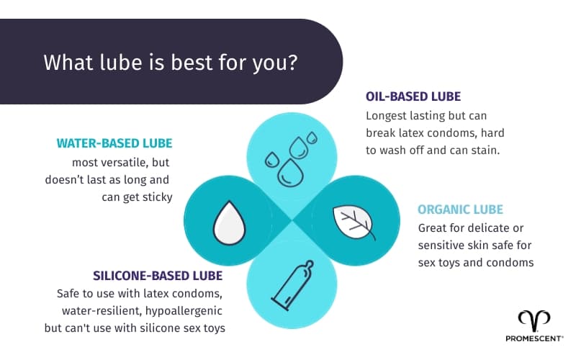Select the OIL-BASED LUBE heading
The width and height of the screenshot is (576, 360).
coord(413,96)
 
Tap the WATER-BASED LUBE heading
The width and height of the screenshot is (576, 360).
coord(114,143)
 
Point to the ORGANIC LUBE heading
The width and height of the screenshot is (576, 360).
coord(460,210)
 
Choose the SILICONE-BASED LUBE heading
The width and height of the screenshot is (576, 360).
coord(158,276)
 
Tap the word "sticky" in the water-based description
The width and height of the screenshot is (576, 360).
coord(156,196)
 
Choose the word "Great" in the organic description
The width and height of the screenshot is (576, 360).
coord(433,228)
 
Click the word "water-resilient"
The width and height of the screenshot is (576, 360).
coord(95,311)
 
